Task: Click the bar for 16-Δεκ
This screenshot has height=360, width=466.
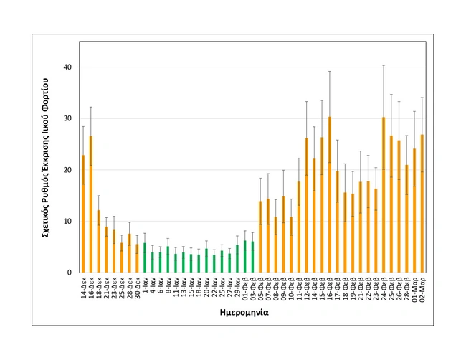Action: pos(90,204)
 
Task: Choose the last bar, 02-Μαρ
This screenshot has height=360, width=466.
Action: pos(422,204)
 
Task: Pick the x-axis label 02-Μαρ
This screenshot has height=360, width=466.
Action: pos(423,289)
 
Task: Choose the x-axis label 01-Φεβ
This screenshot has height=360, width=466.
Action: pos(245,289)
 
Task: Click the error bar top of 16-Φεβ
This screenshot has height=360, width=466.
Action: pos(329,71)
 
